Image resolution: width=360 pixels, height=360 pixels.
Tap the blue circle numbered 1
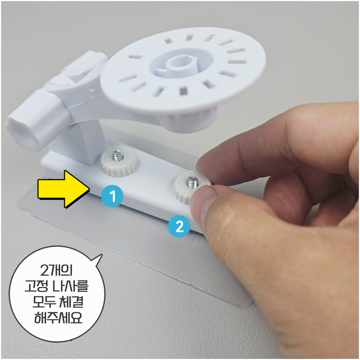click(112, 196)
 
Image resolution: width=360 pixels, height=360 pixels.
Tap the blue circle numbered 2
click(179, 226)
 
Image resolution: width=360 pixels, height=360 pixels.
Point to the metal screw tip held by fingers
click(192, 182)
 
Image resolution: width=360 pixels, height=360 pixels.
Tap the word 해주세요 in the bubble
click(58, 318)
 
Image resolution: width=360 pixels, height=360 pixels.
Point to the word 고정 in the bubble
click(37, 286)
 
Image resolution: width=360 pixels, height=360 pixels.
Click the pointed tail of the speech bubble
click(101, 255)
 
